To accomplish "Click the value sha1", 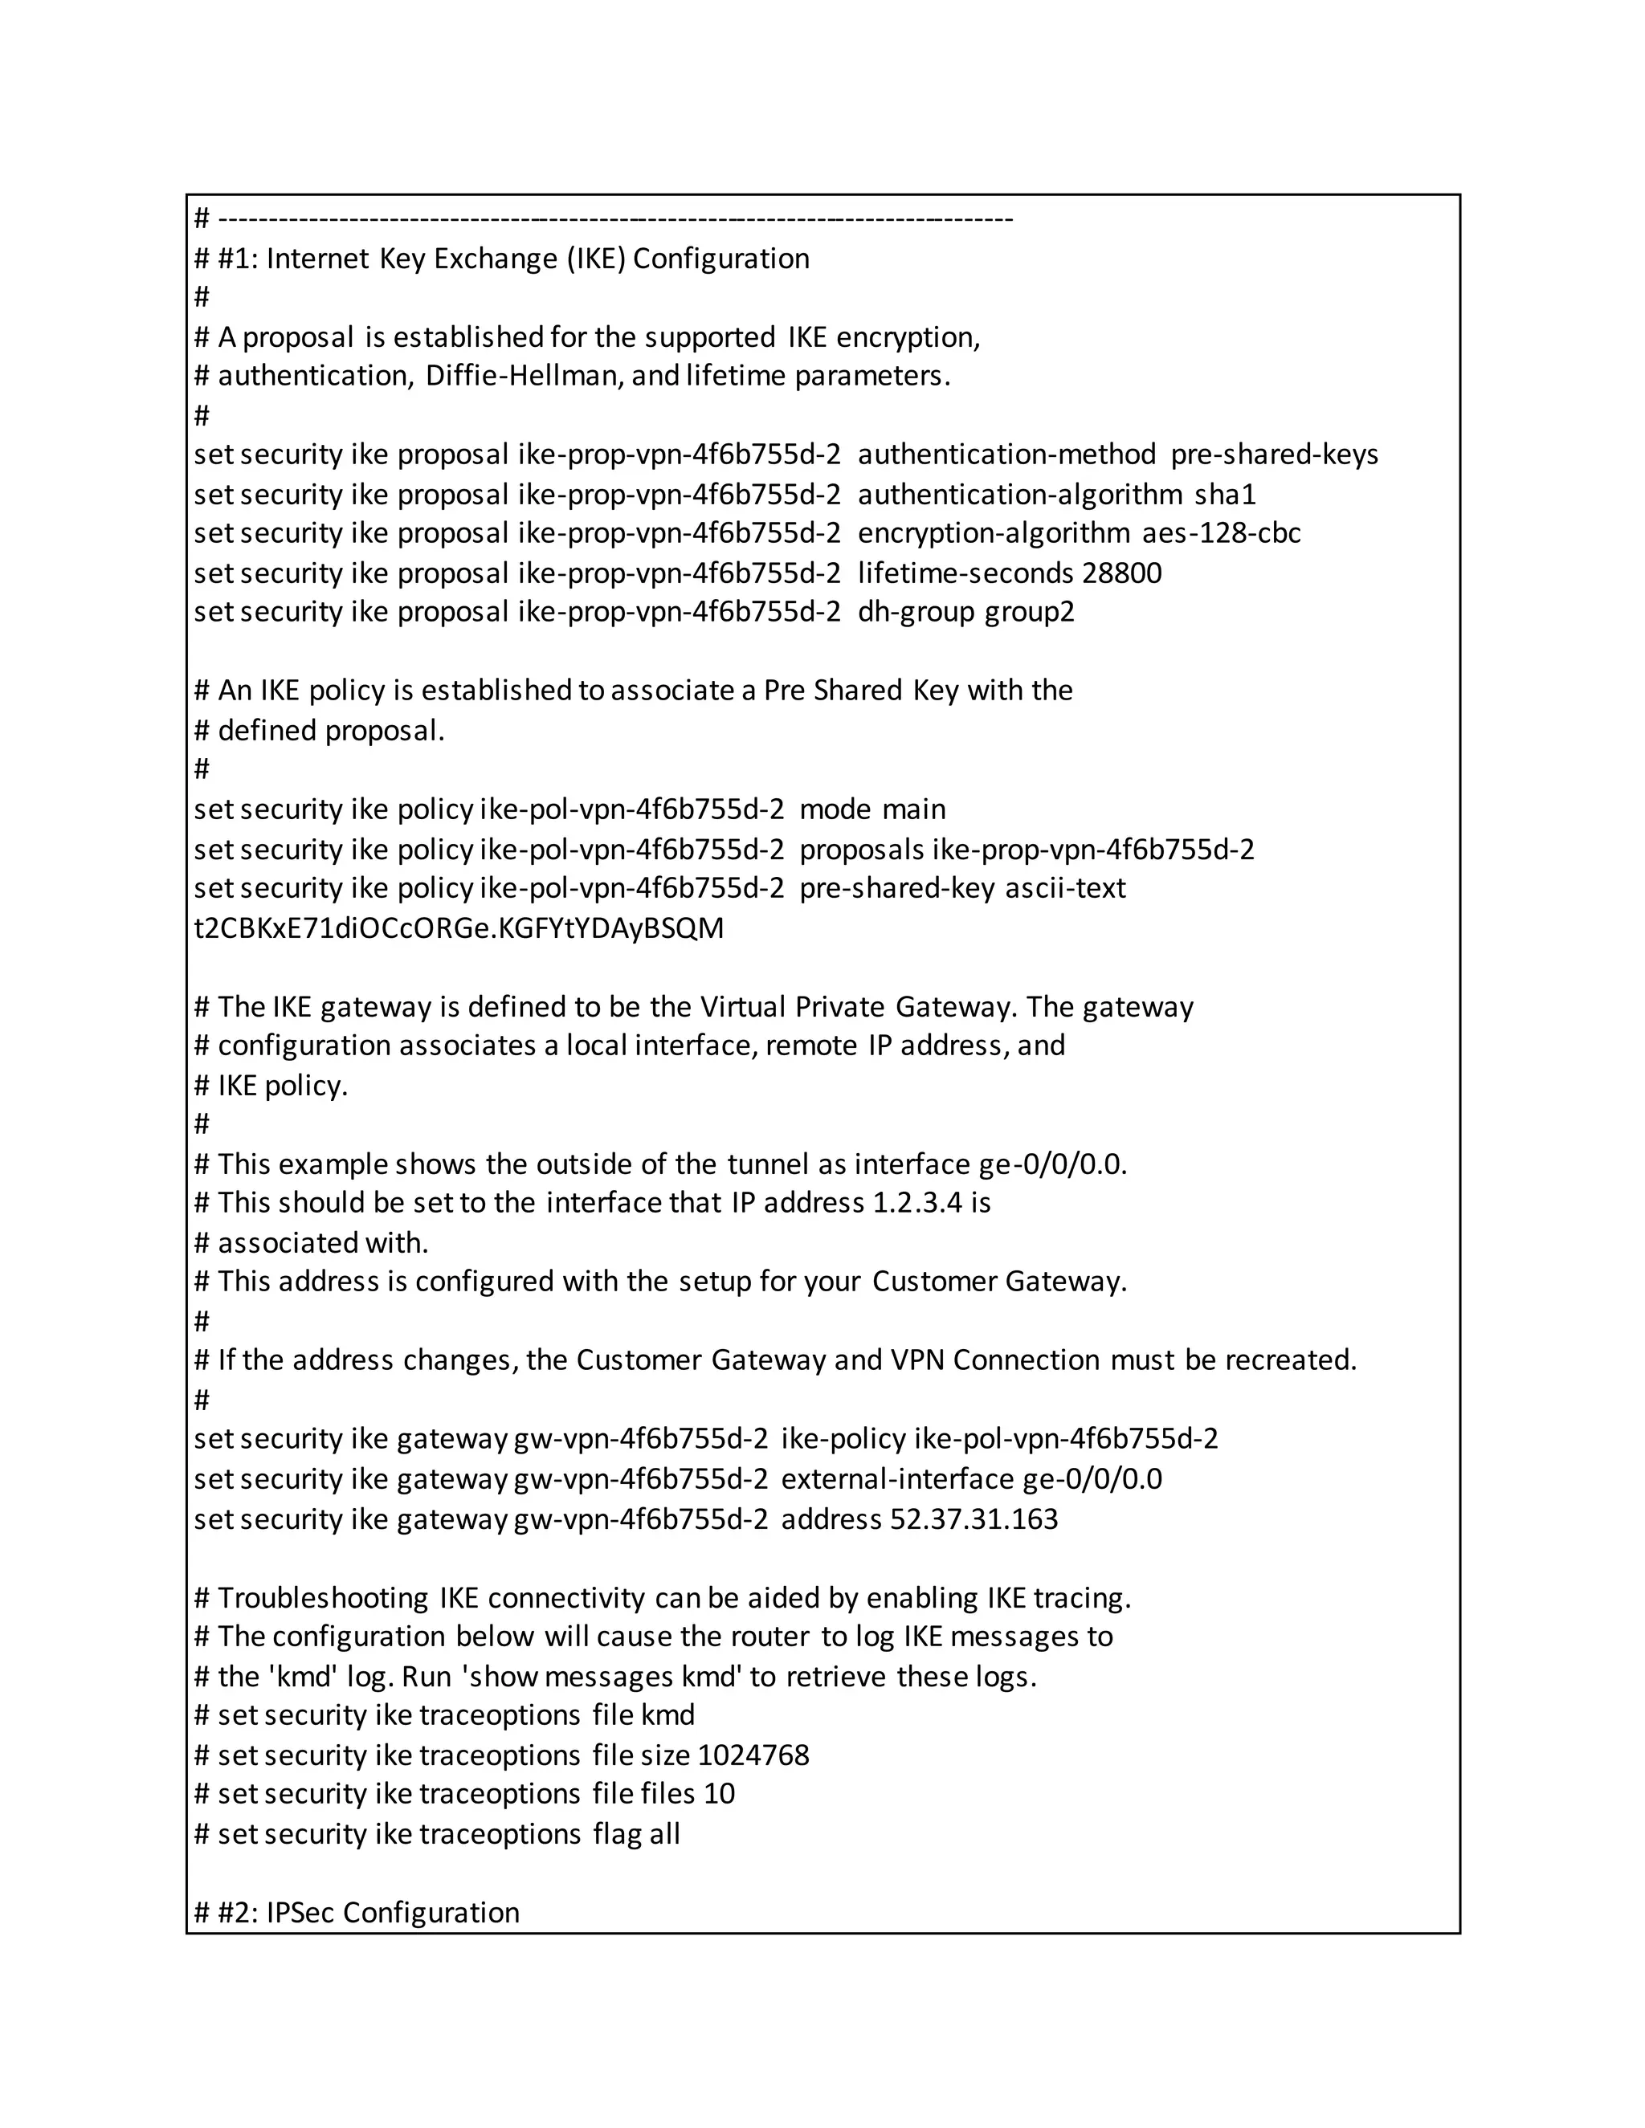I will click(1225, 495).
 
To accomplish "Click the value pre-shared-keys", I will click(1274, 455).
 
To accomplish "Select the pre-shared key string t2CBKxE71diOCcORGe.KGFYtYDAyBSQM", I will click(459, 927).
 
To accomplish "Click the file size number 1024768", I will click(753, 1755).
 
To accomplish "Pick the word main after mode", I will click(914, 809).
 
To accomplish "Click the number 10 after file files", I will click(719, 1794).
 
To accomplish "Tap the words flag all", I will click(636, 1834).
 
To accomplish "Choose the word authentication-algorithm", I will click(1020, 495).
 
